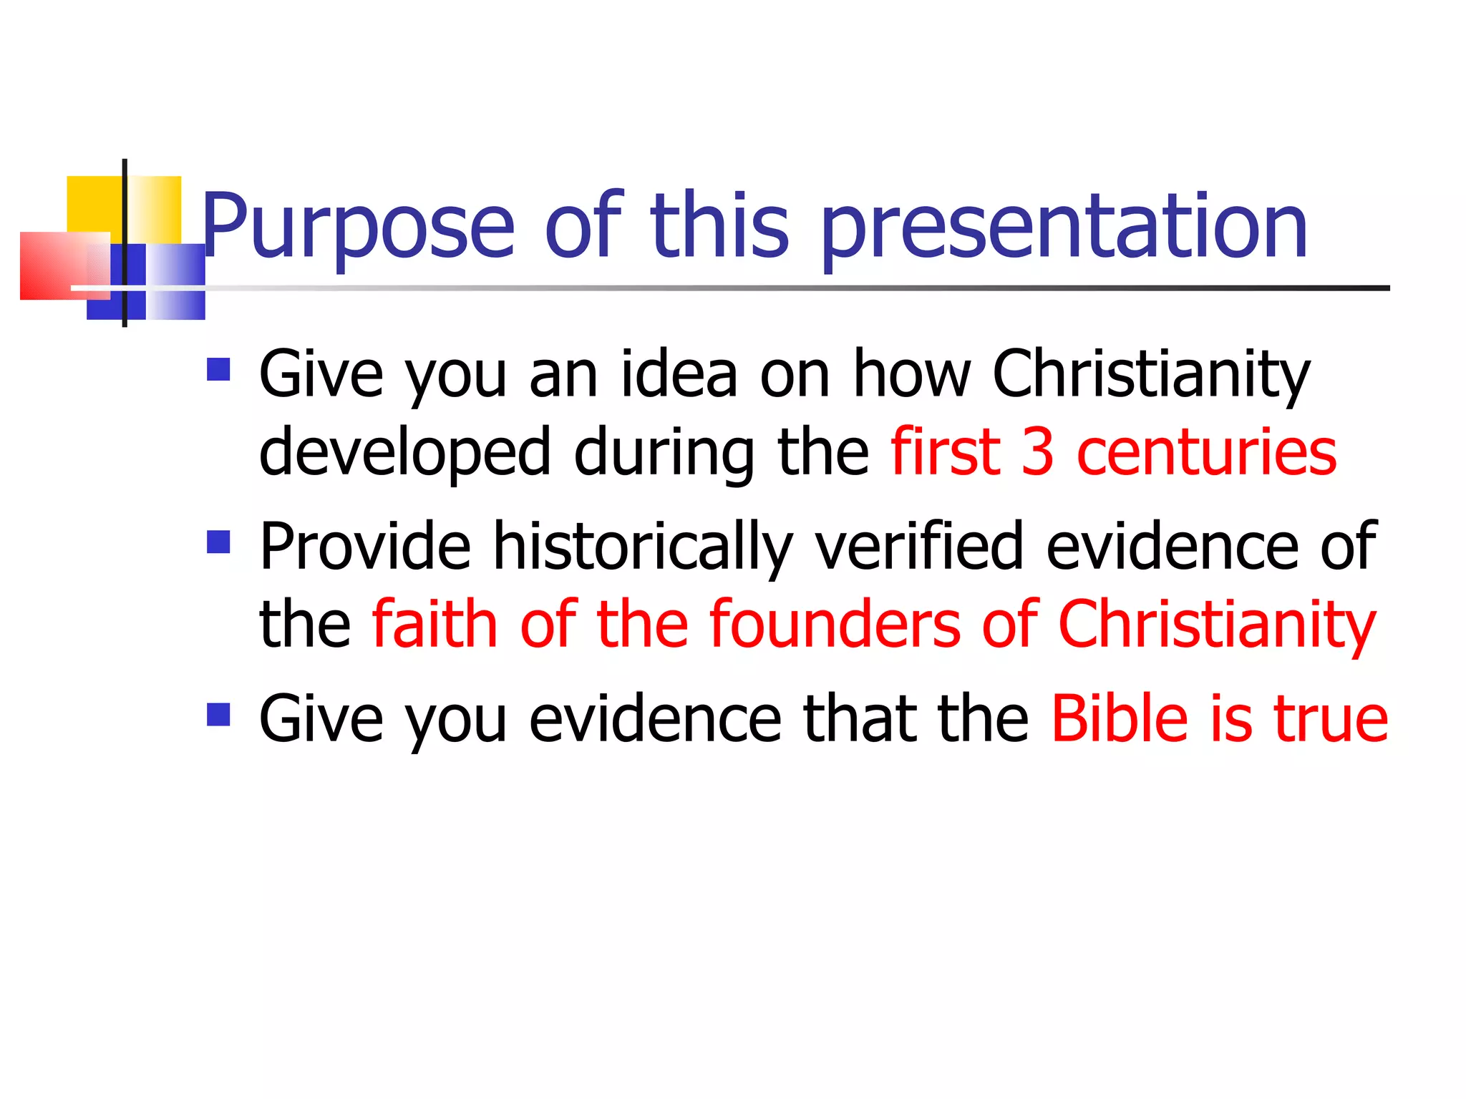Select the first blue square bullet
coord(218,369)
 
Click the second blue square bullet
coord(218,542)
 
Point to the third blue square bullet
coord(218,714)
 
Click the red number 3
coord(1037,452)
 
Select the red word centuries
coord(1206,452)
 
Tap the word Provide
coord(365,547)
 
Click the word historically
coord(643,547)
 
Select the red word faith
coord(435,624)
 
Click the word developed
coord(405,452)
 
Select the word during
coord(664,452)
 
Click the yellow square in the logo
coord(93,204)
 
